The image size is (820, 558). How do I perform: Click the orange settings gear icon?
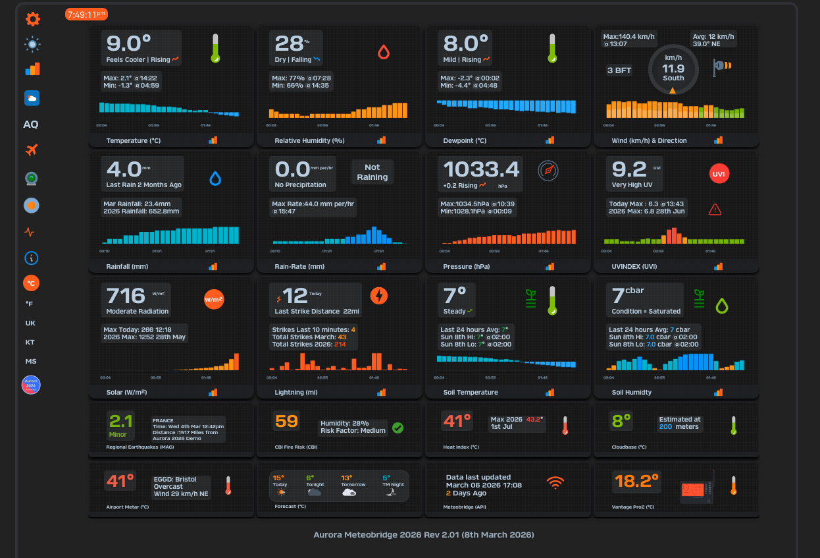point(32,19)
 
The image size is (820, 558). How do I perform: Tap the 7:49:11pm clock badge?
point(86,14)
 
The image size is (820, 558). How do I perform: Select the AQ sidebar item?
point(31,125)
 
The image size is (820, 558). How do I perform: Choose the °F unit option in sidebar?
point(30,304)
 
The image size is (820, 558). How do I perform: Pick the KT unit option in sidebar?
point(30,343)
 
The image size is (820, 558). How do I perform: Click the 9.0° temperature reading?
point(124,43)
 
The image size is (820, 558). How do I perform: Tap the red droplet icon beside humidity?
point(384,52)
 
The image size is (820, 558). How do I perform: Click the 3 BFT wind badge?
point(619,70)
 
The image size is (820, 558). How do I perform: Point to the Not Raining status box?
point(372,173)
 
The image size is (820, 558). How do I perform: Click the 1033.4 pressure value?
point(482,169)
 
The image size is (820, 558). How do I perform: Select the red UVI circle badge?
point(719,174)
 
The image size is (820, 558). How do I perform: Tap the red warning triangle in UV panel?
point(715,209)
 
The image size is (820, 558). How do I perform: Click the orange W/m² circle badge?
point(214,300)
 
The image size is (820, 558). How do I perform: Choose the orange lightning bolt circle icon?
point(379,296)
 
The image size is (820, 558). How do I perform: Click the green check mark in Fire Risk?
point(398,428)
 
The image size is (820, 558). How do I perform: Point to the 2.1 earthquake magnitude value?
point(121,421)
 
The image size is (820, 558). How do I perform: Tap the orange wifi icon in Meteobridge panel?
point(556,483)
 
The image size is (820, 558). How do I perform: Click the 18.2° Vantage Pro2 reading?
point(636,482)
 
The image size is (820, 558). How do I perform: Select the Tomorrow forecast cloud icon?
point(349,491)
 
